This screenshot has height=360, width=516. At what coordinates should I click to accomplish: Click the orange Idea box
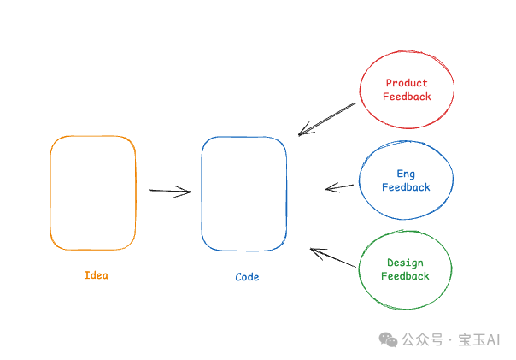[92, 192]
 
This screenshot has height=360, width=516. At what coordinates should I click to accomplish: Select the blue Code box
[243, 193]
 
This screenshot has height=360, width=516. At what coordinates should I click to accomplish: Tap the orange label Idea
[97, 275]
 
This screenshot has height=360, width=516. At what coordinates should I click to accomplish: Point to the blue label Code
[247, 277]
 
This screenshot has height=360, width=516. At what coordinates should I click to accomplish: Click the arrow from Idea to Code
[169, 191]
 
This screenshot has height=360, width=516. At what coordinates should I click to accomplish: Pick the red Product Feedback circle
[407, 90]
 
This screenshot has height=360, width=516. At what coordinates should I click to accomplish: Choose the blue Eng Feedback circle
[406, 180]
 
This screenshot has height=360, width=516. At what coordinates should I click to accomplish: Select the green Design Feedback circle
[405, 269]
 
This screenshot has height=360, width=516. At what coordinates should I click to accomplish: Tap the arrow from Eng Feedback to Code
[340, 187]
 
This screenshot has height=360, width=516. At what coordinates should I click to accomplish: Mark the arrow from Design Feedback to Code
[333, 258]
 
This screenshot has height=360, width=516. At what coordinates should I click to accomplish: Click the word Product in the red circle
[407, 84]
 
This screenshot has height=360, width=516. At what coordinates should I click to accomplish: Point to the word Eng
[406, 174]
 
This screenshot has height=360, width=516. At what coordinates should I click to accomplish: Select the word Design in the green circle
[405, 263]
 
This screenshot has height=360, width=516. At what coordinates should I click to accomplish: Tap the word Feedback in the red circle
[407, 97]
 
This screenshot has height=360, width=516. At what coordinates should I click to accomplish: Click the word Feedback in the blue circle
[406, 187]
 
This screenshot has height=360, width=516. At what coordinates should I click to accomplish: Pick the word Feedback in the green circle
[405, 276]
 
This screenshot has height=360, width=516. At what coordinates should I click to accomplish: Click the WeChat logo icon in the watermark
[388, 339]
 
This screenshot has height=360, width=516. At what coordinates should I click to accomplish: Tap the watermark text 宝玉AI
[478, 339]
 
